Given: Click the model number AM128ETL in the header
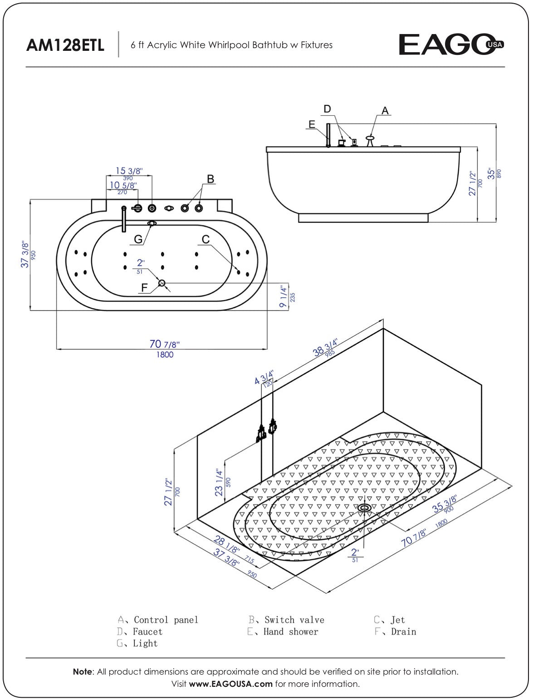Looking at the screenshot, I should tap(65, 45).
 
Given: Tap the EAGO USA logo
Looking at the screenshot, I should tap(451, 44).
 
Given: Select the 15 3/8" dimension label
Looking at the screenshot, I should tap(129, 171).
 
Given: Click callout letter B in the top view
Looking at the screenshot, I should tap(210, 179).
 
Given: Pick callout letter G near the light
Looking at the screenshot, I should tap(138, 239).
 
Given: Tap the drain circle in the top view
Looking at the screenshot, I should tap(162, 283).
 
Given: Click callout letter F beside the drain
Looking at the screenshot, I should tap(144, 287).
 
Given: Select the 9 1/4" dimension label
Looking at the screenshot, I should tap(284, 297).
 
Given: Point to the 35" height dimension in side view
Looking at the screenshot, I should tap(491, 174).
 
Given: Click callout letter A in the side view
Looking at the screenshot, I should tap(385, 110).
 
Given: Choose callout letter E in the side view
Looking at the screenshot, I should tap(311, 124).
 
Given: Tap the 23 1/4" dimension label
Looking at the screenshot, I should tap(220, 483).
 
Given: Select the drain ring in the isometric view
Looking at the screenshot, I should tap(364, 508).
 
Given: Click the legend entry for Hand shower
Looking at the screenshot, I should tap(290, 631).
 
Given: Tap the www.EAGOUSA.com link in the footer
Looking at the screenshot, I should tap(230, 684).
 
